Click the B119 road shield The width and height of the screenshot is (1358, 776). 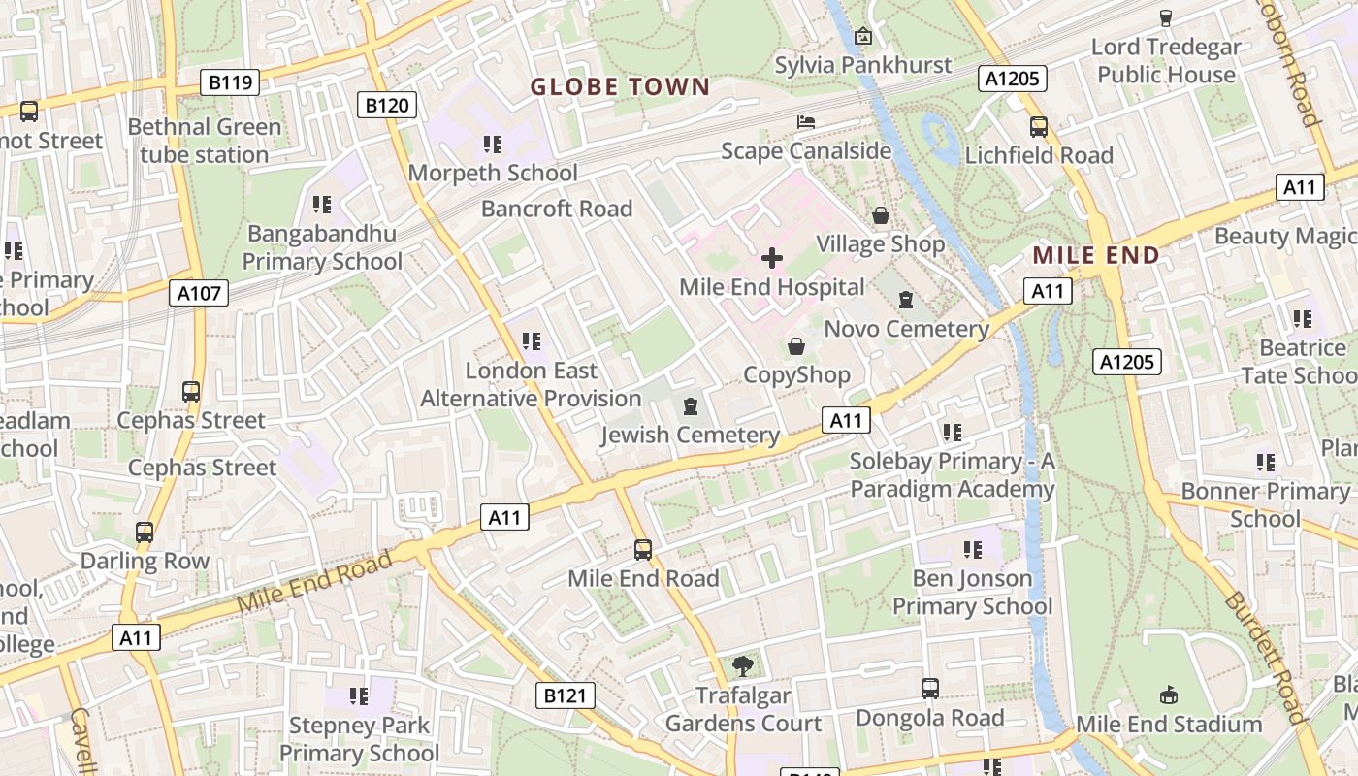click(231, 82)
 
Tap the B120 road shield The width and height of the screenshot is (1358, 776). click(387, 105)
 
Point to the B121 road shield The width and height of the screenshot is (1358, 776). click(566, 695)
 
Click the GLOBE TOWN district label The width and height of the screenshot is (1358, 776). click(621, 86)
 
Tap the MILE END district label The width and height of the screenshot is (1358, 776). click(1096, 256)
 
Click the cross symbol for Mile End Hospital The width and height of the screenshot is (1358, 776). click(772, 258)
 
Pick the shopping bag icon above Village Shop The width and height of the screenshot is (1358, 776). click(881, 214)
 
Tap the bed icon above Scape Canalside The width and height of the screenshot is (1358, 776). click(806, 122)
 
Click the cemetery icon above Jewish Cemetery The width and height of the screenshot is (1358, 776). click(691, 405)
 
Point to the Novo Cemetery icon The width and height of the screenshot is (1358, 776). click(906, 300)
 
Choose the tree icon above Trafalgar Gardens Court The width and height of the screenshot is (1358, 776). click(743, 666)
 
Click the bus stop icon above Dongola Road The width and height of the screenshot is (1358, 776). click(930, 689)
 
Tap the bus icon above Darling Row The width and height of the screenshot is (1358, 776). click(145, 532)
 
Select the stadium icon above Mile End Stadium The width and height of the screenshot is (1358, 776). click(1169, 695)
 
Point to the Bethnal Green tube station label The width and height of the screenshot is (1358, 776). click(205, 141)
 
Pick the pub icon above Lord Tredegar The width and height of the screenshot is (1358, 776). click(1166, 17)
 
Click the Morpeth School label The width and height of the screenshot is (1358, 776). click(493, 173)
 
